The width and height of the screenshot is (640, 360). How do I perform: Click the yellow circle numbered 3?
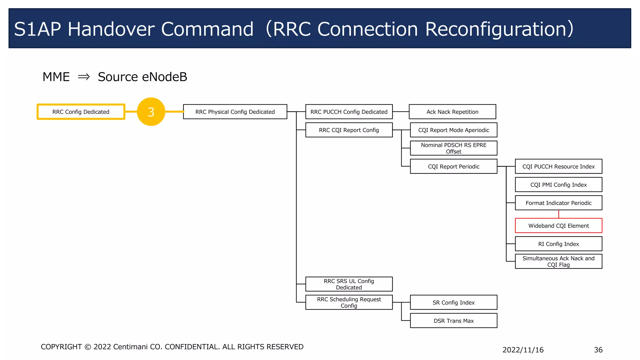(x=151, y=112)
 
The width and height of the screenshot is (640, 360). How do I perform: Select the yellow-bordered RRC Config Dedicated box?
(x=81, y=112)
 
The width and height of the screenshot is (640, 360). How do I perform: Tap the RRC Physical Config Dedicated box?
(x=235, y=112)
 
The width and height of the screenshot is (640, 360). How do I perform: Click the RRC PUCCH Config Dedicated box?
(x=349, y=112)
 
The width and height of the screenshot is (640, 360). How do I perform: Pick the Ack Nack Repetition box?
(x=452, y=112)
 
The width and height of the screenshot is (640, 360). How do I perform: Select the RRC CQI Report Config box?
(x=349, y=130)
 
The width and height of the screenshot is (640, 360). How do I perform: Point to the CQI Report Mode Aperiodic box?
(x=453, y=130)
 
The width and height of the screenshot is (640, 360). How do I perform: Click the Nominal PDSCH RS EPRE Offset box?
(x=453, y=148)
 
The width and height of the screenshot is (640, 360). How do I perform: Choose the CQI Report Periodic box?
(x=453, y=167)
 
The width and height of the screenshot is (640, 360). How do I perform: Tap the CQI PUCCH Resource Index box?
(x=558, y=167)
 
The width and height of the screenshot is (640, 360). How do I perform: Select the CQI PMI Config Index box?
(x=558, y=185)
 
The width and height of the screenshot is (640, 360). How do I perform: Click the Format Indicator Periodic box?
(x=558, y=203)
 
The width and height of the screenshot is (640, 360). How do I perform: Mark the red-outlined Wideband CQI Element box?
(x=558, y=226)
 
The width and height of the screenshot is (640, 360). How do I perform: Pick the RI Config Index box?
(x=558, y=244)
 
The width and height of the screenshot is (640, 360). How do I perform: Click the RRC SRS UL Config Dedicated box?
(x=349, y=284)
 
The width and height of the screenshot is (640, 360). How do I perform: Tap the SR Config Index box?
(x=453, y=302)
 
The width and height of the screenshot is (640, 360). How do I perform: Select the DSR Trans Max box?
(x=453, y=321)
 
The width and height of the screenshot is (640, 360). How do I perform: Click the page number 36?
(x=598, y=350)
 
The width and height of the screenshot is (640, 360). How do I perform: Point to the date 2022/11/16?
(x=523, y=350)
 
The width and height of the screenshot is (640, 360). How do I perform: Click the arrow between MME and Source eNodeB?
(x=84, y=77)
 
